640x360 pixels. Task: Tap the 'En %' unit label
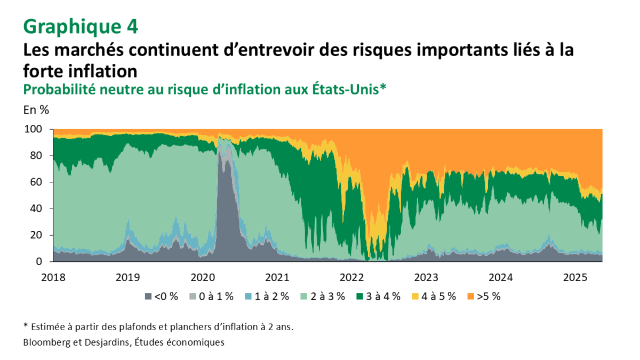tap(36, 110)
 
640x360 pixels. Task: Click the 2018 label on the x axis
tap(53, 277)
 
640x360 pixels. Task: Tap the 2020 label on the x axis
tap(202, 277)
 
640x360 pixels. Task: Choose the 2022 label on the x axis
tap(351, 277)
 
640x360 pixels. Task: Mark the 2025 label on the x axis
tap(575, 277)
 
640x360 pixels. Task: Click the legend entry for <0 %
tap(162, 297)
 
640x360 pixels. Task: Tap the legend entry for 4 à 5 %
tap(434, 297)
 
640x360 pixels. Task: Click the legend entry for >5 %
tap(484, 297)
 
